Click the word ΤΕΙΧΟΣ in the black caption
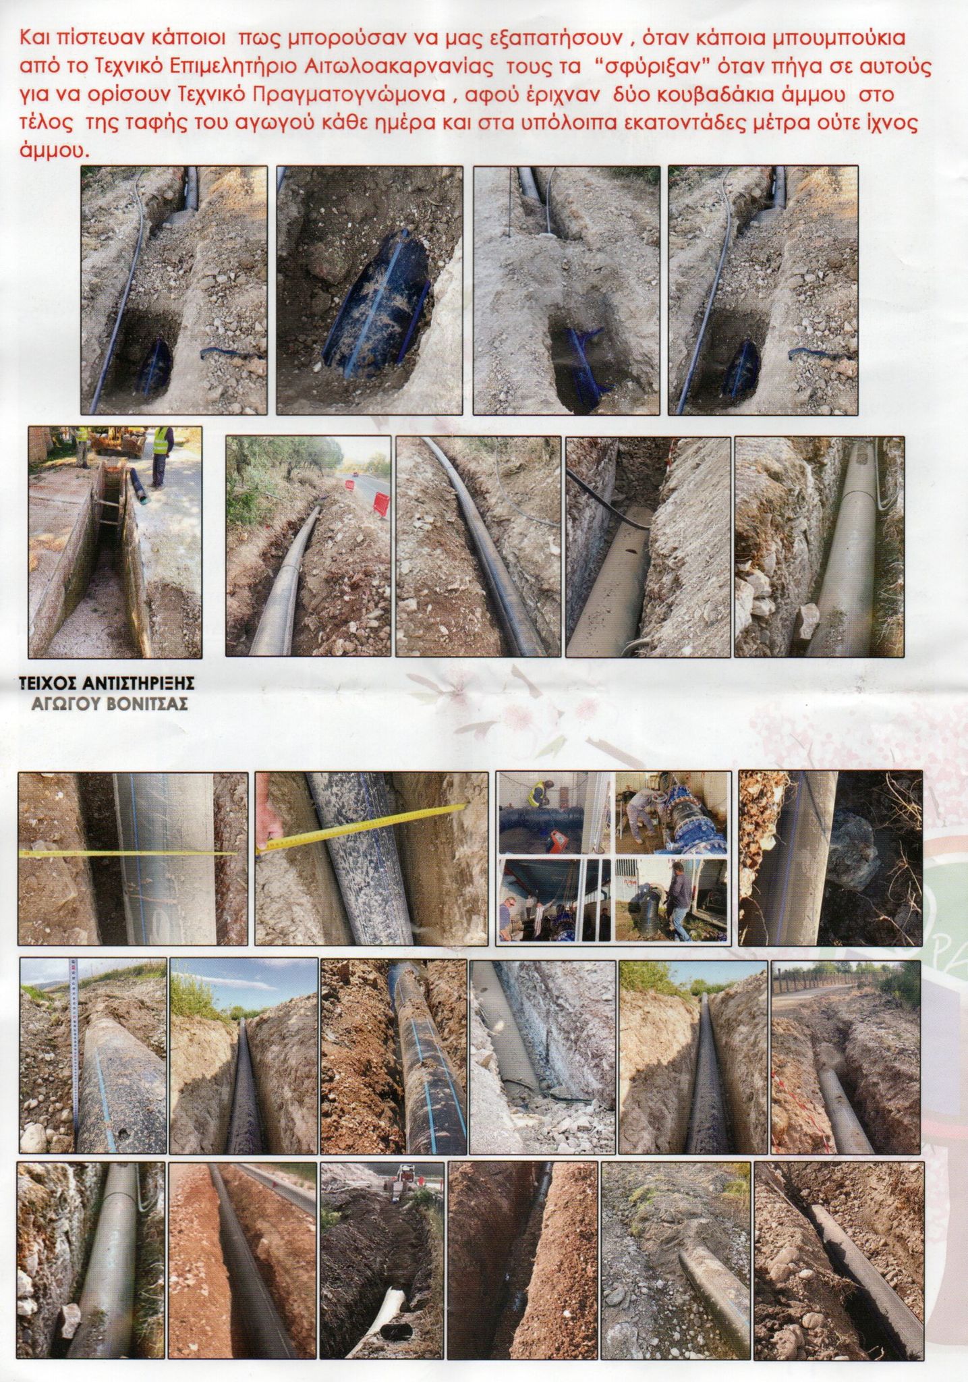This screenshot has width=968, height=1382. click(x=44, y=684)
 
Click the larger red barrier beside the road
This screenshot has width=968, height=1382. click(x=381, y=503)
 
